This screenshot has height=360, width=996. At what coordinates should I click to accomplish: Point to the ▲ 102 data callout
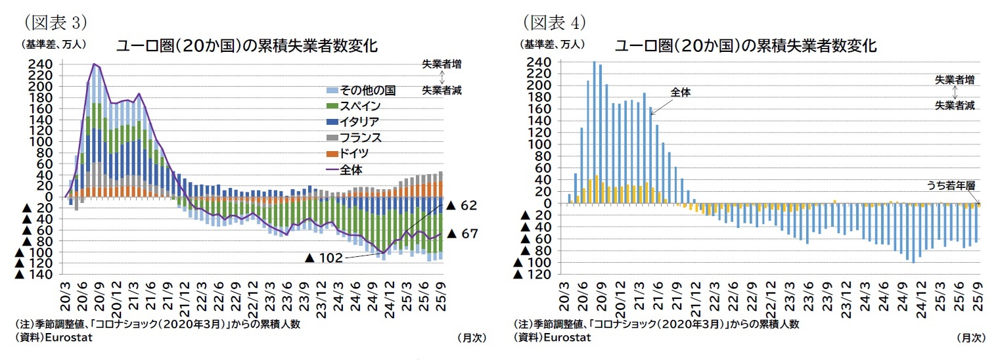[x=324, y=258]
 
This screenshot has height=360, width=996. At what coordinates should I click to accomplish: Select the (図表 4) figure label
[x=554, y=22]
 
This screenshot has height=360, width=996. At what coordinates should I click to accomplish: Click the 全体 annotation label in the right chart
[x=681, y=93]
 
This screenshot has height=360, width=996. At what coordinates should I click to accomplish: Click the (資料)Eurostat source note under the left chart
[x=53, y=338]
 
